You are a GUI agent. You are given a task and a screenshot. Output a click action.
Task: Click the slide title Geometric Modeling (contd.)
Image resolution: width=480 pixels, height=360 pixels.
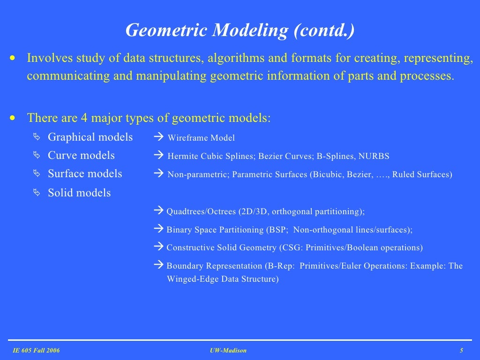240,30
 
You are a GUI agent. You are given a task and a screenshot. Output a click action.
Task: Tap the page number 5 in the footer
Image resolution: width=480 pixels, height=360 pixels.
462,351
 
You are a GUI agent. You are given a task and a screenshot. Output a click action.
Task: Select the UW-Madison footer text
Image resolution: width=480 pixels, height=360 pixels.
228,351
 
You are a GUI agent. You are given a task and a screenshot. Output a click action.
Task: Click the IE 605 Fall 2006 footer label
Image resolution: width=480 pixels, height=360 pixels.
36,351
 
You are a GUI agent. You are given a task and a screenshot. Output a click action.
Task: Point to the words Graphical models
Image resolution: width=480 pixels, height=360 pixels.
90,137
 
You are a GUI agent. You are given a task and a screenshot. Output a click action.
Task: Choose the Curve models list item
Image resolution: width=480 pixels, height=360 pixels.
81,156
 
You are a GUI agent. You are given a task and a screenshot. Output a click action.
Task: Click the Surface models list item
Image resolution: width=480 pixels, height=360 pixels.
85,174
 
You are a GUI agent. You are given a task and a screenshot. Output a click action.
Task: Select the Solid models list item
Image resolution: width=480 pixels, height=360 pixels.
79,193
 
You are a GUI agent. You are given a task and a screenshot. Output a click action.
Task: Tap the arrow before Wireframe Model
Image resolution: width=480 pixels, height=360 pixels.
158,138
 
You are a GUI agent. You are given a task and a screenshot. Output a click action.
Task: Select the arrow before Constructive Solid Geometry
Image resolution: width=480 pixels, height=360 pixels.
158,247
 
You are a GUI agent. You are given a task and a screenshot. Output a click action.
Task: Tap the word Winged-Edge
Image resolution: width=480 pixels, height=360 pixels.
190,279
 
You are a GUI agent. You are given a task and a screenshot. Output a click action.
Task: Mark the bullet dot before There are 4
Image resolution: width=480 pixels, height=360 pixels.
13,118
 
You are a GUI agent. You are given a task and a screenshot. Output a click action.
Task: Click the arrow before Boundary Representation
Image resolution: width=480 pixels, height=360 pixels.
158,265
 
